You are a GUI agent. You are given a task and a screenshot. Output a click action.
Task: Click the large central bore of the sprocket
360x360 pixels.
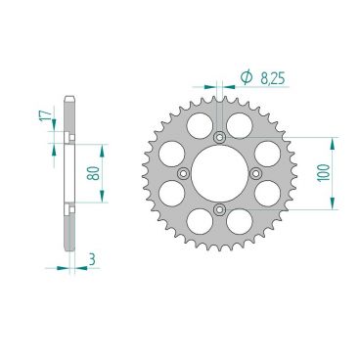tap(218, 173)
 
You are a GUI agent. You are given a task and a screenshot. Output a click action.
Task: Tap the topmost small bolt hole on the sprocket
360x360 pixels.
tap(218, 136)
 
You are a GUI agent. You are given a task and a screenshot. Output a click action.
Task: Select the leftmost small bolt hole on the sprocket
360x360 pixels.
tap(181, 173)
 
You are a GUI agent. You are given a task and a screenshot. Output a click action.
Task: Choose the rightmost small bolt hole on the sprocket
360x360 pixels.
tap(255, 173)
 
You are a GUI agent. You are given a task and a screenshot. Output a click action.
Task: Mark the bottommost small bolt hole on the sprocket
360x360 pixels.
tap(218, 210)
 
